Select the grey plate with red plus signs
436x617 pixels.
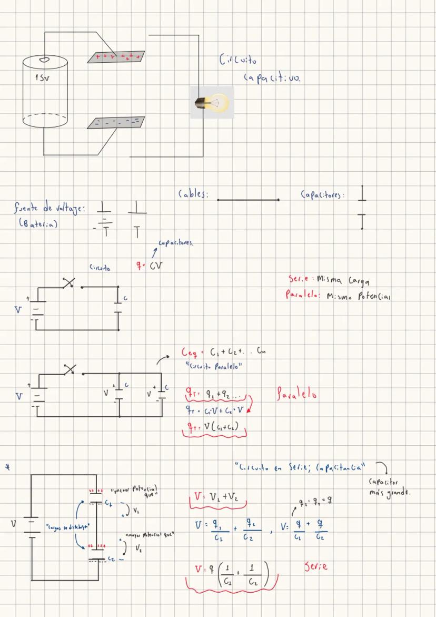[116, 56]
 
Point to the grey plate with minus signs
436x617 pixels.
[116, 123]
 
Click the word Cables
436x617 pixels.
[193, 195]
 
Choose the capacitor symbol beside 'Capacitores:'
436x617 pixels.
[362, 207]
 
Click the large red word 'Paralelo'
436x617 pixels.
[296, 394]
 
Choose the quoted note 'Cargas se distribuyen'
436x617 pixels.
[68, 526]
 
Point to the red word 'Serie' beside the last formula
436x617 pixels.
[316, 567]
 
